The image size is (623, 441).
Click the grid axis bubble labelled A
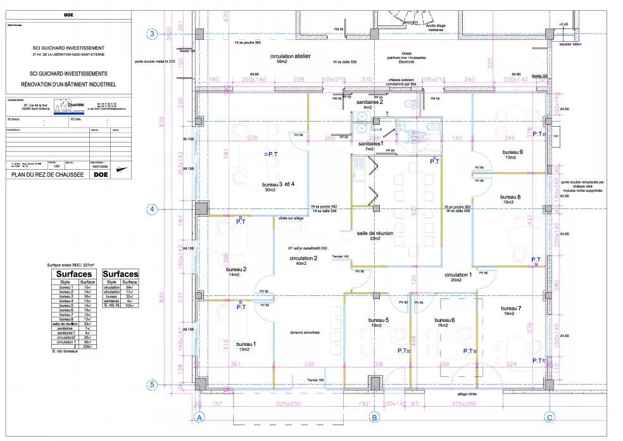click(199, 418)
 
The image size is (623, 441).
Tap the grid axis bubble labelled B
click(375, 418)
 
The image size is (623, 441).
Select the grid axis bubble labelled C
click(550, 418)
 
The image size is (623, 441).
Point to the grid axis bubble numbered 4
click(152, 209)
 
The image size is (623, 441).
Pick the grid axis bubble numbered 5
click(152, 384)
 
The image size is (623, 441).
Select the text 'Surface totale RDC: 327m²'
click(71, 265)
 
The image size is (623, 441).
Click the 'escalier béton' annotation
click(565, 44)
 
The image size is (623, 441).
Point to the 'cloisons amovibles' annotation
click(305, 332)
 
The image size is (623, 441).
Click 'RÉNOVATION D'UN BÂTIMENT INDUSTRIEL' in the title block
click(68, 84)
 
